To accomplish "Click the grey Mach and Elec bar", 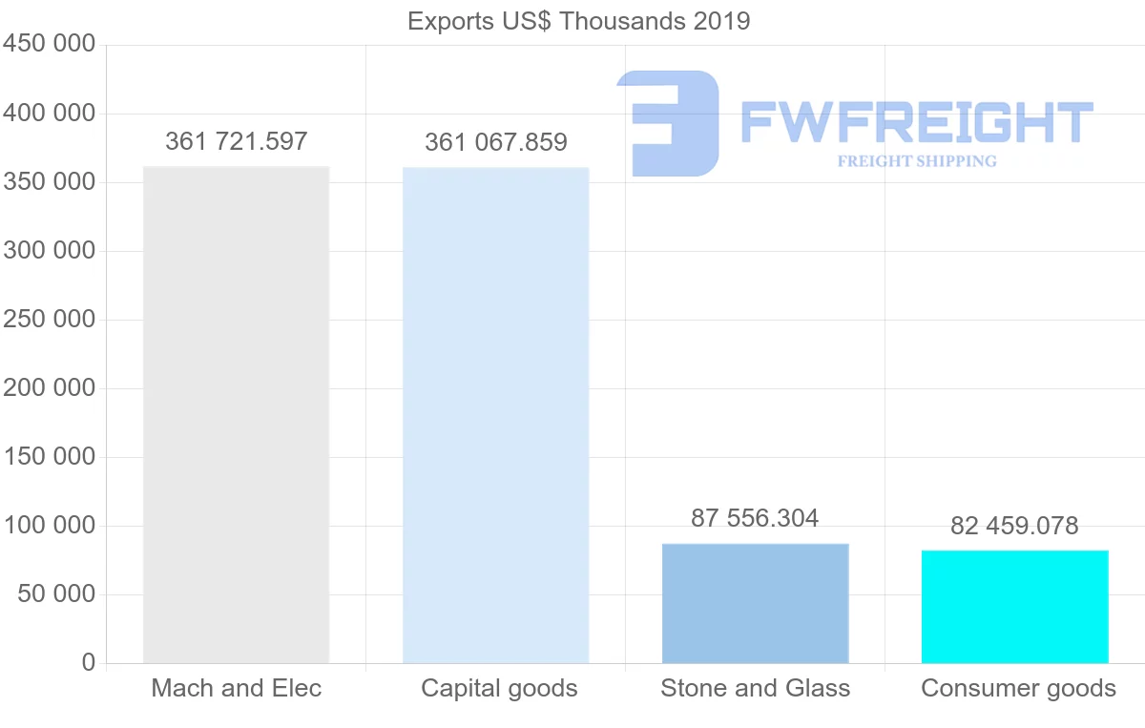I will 236,415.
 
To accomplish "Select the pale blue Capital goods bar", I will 495,415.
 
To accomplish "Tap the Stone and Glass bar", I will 755,603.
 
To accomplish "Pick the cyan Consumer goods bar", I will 1014,606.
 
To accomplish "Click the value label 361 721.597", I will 236,142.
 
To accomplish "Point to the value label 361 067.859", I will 495,143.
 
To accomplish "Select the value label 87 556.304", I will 755,518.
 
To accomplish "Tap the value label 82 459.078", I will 1014,526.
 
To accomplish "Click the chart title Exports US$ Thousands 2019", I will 578,21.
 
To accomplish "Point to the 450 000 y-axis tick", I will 50,45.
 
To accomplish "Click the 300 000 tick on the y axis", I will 50,251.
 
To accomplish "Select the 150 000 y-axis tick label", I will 50,457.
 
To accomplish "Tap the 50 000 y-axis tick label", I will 56,594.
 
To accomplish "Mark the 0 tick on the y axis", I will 89,663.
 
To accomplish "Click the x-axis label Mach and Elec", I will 236,688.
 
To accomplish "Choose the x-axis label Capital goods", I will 499,688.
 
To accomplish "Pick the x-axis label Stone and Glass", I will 755,688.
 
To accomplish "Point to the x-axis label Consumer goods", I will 1018,688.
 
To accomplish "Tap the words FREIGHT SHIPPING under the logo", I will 916,161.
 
